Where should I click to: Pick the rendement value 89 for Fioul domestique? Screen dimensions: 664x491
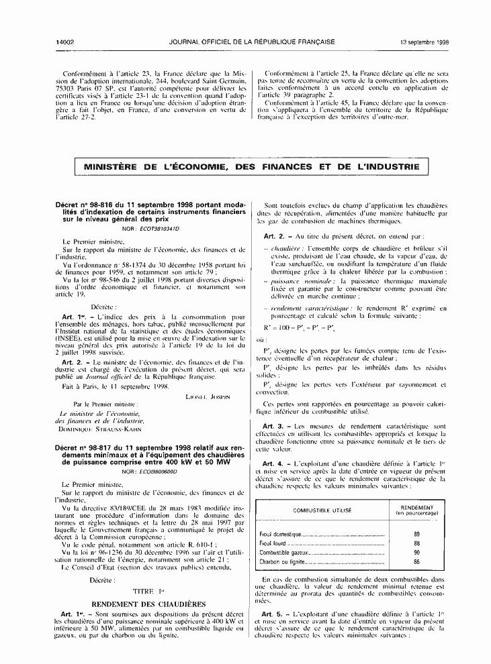416,534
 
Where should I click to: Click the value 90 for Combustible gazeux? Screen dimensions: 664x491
416,552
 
